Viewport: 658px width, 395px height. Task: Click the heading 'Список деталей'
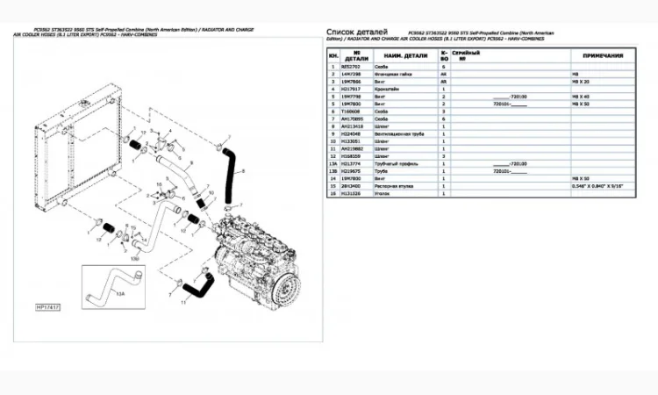tap(353, 32)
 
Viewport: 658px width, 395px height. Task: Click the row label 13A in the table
tap(333, 163)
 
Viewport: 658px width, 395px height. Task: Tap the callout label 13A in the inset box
tap(121, 295)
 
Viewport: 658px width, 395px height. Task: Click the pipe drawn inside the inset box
tap(110, 282)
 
